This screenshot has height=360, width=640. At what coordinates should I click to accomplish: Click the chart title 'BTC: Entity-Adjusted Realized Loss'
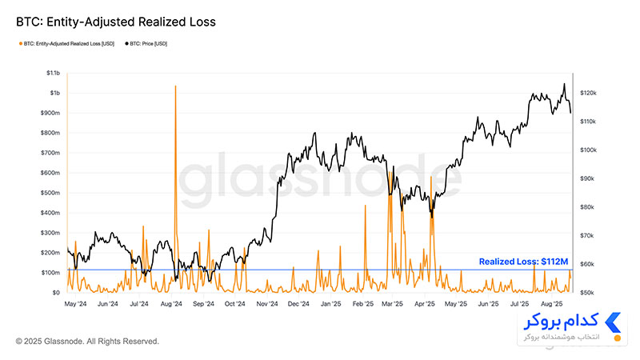click(x=116, y=22)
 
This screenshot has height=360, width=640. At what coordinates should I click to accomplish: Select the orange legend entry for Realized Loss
click(x=66, y=44)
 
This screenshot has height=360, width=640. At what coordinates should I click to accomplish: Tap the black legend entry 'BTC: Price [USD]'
click(x=146, y=44)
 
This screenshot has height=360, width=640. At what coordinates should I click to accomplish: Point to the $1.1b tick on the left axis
click(x=53, y=73)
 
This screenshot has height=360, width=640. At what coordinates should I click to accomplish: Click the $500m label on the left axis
click(x=50, y=193)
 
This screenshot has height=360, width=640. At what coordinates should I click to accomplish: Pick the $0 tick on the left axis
click(x=56, y=292)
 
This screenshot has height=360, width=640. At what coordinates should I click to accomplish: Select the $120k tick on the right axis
click(x=588, y=93)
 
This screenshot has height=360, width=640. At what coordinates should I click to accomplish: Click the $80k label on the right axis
click(x=587, y=207)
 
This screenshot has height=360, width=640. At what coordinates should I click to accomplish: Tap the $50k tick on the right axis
click(x=587, y=293)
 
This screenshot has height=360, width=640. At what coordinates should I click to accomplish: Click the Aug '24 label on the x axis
click(x=171, y=304)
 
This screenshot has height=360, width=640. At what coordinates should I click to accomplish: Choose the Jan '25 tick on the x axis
click(x=330, y=304)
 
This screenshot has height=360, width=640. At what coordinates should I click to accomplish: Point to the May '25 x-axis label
click(x=456, y=304)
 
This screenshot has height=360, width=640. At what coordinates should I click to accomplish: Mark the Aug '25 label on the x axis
click(x=551, y=304)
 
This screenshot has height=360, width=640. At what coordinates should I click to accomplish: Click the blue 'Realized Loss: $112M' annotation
click(x=523, y=262)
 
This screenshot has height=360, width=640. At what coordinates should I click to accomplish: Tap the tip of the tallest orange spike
click(x=175, y=86)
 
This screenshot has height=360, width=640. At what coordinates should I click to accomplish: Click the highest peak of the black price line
click(x=565, y=84)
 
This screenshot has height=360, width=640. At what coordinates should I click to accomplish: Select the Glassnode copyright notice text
click(x=87, y=342)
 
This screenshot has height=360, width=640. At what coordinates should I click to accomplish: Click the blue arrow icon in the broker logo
click(x=614, y=322)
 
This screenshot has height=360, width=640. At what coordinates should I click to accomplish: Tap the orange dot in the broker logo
click(x=617, y=338)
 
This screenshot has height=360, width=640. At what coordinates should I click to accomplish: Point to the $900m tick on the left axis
click(x=50, y=113)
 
